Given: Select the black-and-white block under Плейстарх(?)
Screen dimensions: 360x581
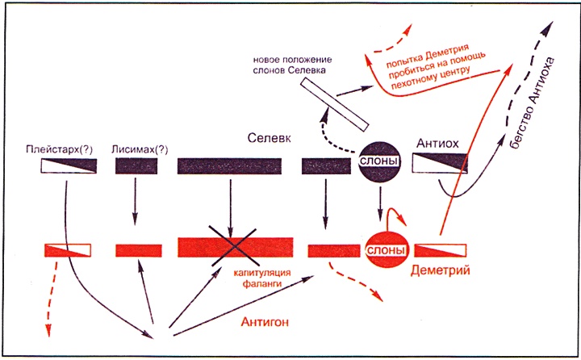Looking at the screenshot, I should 69,165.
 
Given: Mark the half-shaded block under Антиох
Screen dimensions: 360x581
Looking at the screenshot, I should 440,164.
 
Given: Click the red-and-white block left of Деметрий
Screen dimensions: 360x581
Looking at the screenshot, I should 441,249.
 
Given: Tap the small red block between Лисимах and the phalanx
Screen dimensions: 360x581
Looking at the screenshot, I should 138,249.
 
